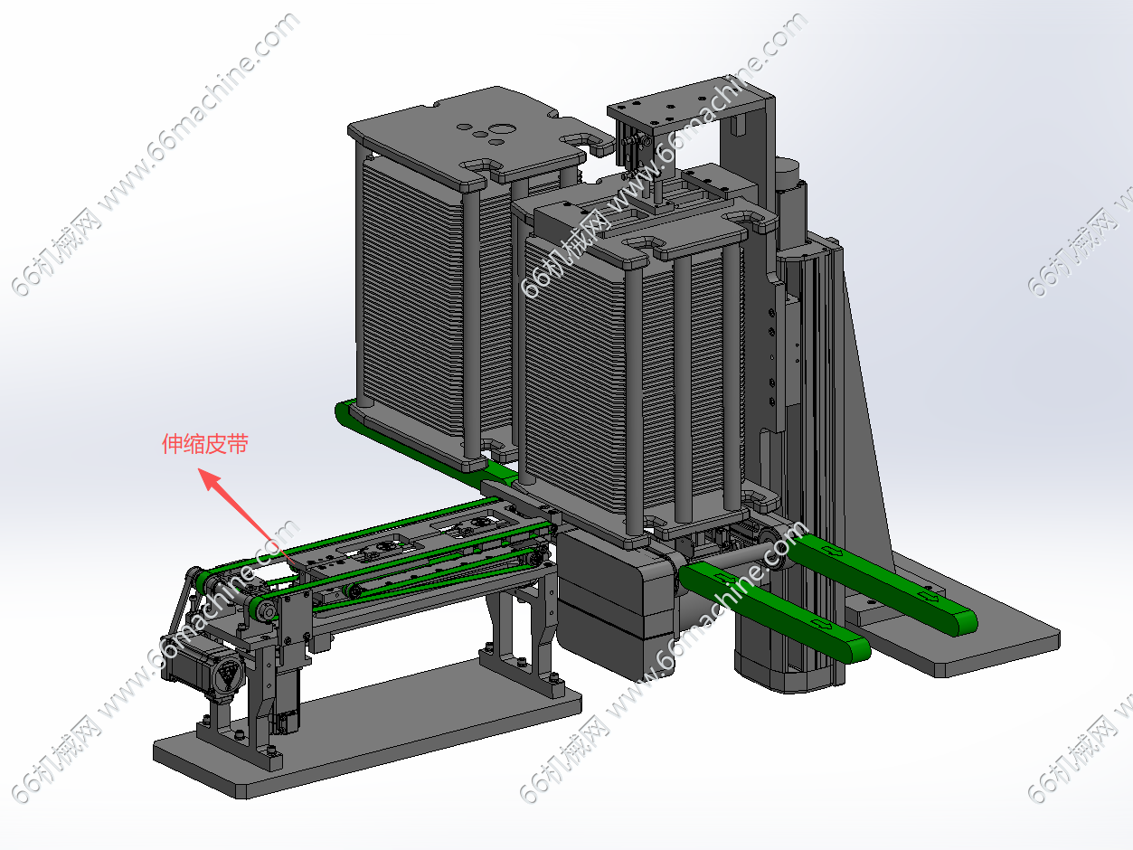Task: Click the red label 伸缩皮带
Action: pyautogui.click(x=205, y=444)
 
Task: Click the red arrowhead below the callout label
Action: pyautogui.click(x=210, y=479)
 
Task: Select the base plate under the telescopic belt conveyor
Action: pyautogui.click(x=367, y=732)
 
